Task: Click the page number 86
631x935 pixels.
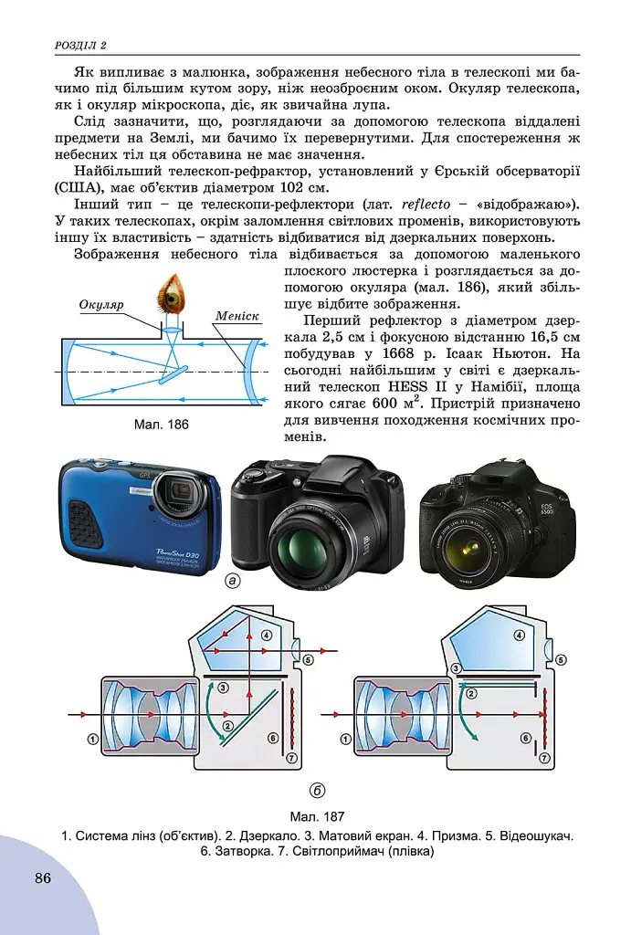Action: point(43,877)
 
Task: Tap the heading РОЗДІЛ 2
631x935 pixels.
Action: point(80,46)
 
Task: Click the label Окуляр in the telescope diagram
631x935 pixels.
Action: point(101,305)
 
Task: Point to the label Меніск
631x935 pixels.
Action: point(237,316)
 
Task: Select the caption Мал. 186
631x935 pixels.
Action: point(161,425)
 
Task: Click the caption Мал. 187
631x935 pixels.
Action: point(317,816)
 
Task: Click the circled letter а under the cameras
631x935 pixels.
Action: point(232,580)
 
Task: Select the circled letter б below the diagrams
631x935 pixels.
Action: point(317,791)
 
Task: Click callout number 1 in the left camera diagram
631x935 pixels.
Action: point(92,740)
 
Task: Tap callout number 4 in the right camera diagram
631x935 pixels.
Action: point(520,636)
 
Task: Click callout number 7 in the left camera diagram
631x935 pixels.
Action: point(291,758)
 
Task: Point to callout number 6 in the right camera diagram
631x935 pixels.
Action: point(526,738)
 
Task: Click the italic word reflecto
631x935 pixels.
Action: point(426,205)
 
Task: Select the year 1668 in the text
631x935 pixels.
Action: point(399,353)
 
